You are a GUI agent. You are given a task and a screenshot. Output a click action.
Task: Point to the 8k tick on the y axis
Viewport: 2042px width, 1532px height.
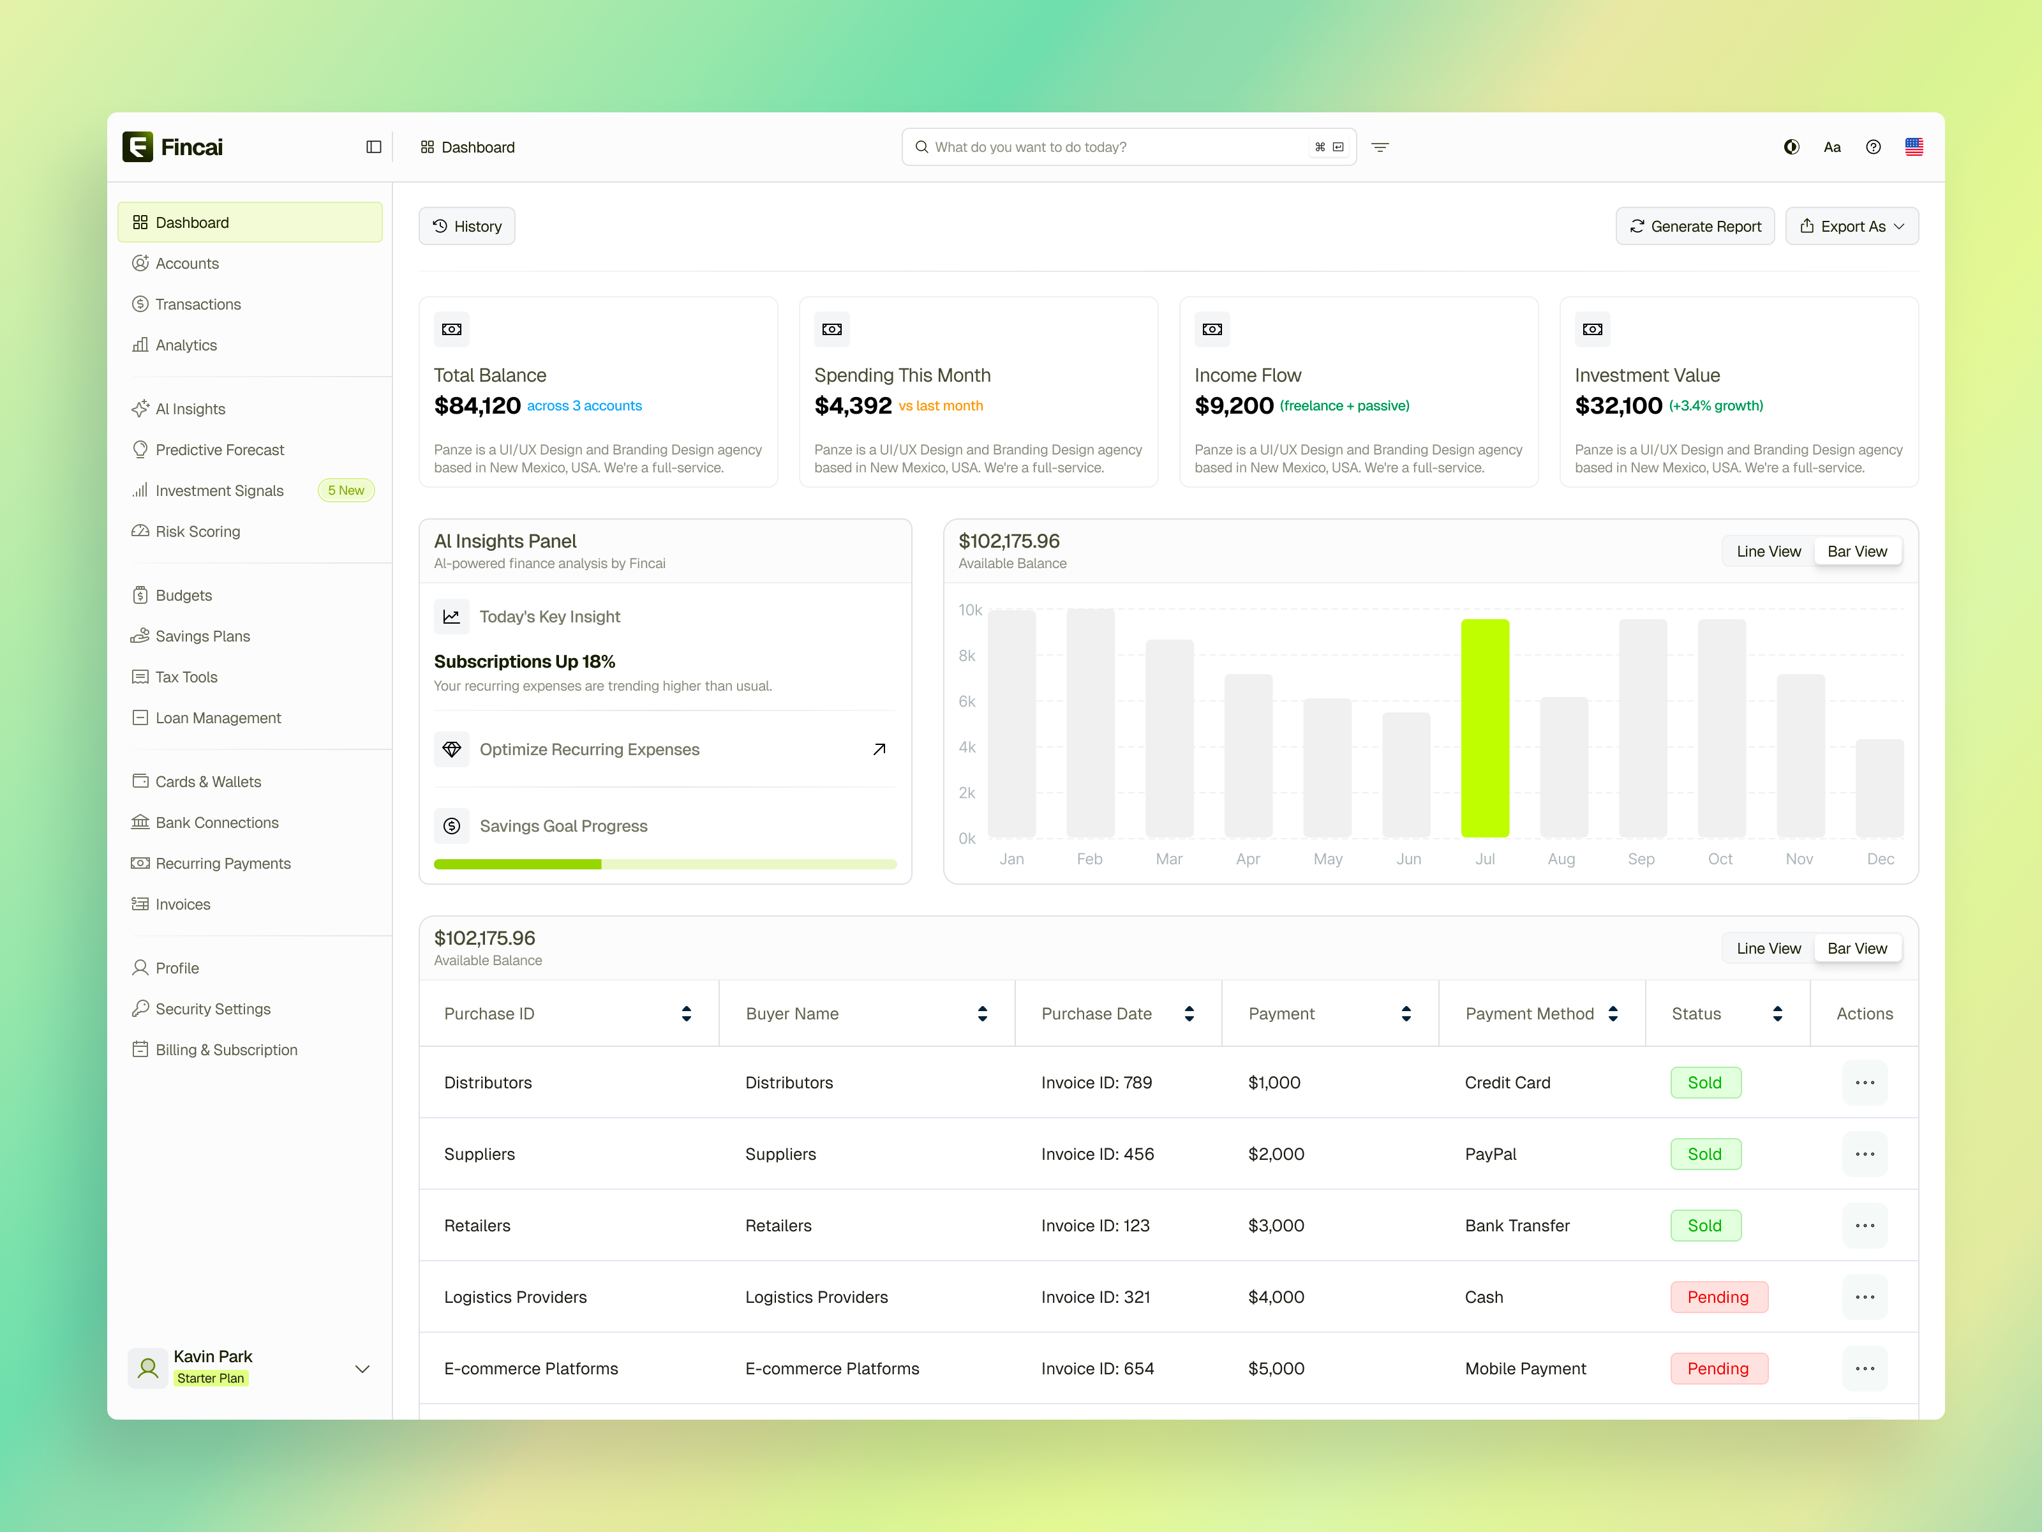tap(967, 656)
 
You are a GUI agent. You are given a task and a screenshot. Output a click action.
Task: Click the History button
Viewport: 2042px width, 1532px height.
tap(467, 226)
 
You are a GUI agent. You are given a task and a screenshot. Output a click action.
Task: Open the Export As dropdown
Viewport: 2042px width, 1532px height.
tap(1851, 226)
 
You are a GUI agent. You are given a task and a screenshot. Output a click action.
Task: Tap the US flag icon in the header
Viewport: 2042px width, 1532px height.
tap(1914, 147)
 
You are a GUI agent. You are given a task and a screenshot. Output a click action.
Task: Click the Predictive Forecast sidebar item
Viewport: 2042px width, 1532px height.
tap(220, 450)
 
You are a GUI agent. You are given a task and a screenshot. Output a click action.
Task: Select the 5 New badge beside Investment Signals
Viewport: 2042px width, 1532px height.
tap(346, 490)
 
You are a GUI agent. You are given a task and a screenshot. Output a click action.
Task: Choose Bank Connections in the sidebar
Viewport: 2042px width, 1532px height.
tap(217, 823)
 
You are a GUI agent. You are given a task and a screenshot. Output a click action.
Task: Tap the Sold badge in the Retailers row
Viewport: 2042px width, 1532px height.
tap(1705, 1226)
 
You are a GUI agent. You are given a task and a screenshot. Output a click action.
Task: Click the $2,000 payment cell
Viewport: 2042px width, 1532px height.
tap(1276, 1154)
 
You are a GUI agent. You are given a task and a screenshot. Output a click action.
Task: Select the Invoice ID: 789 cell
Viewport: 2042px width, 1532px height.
tap(1097, 1082)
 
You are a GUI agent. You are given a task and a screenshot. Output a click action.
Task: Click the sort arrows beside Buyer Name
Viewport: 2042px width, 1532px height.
tap(982, 1014)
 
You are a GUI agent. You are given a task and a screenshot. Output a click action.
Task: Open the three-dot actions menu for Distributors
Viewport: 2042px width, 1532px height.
tap(1864, 1082)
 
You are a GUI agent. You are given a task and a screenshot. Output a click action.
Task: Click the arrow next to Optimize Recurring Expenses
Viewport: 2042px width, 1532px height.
tap(879, 749)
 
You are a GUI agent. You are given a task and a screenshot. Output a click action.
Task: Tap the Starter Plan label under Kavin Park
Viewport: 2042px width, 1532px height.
tap(211, 1378)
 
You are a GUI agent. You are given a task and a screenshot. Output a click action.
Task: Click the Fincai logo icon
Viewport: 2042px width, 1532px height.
tap(138, 147)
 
